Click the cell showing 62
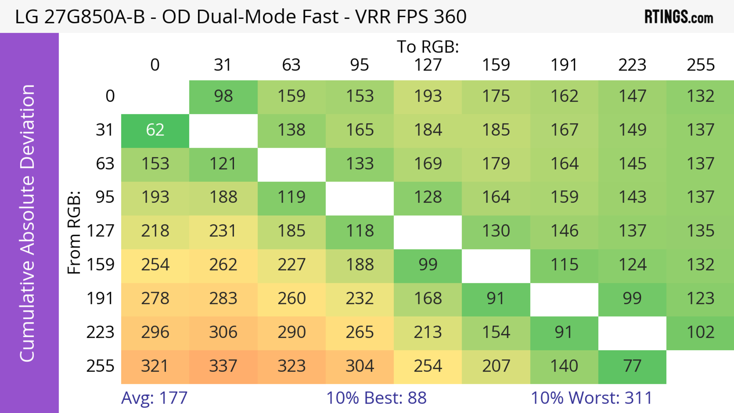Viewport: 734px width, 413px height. (x=155, y=130)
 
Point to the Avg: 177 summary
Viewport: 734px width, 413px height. (x=154, y=398)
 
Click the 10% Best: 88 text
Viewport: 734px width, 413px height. (x=376, y=398)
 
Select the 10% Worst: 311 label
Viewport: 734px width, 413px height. (x=592, y=398)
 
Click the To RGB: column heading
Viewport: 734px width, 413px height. (x=428, y=47)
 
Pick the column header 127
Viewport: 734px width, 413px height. (x=428, y=65)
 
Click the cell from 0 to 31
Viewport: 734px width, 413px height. (x=223, y=96)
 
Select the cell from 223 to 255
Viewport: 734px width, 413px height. (x=700, y=332)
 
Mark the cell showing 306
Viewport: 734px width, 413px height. (x=223, y=332)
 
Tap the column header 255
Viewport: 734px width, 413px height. (x=700, y=65)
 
